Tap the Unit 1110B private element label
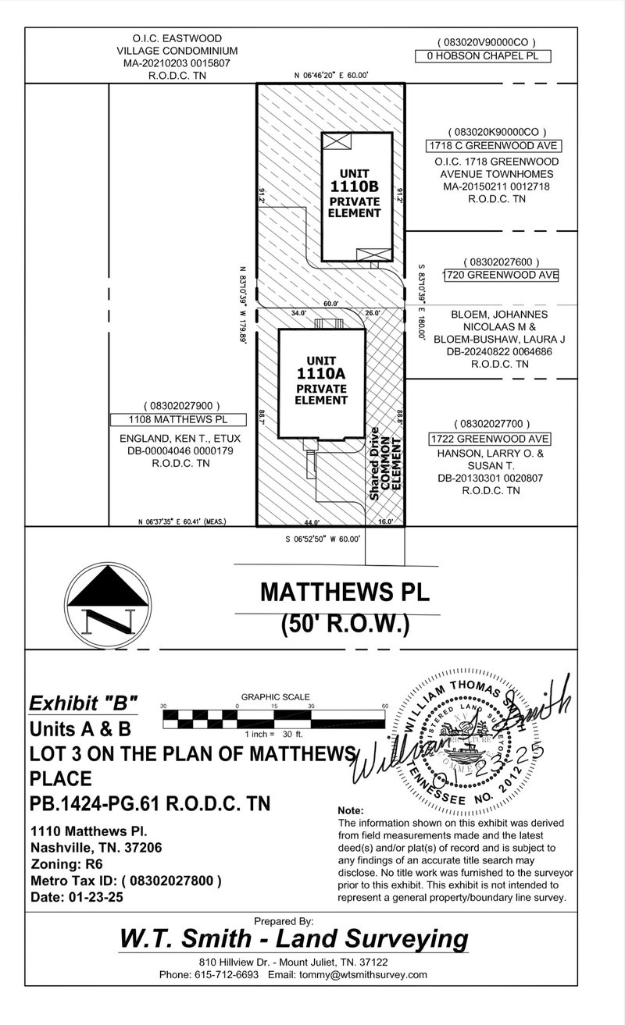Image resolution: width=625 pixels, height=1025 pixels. coord(354,192)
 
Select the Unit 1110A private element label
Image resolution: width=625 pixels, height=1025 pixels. coord(322,380)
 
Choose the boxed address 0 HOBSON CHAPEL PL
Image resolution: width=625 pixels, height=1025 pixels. coord(483,56)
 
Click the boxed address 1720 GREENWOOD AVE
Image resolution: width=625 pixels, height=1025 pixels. coord(501,275)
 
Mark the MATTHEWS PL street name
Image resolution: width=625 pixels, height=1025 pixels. coord(345,592)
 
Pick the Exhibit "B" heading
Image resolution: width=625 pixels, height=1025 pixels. coord(83,703)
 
